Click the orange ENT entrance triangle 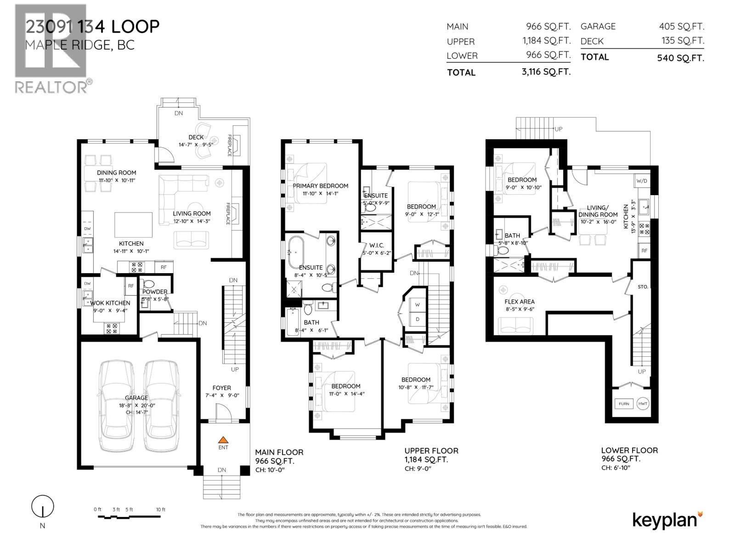223,439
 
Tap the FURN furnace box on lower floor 624,404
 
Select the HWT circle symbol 643,404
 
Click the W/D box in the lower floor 642,180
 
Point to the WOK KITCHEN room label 110,303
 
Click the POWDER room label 155,292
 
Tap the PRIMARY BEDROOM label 321,186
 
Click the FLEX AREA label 519,302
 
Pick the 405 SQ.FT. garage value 681,27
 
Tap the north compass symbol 43,507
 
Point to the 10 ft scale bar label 160,510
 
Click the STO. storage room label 643,287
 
